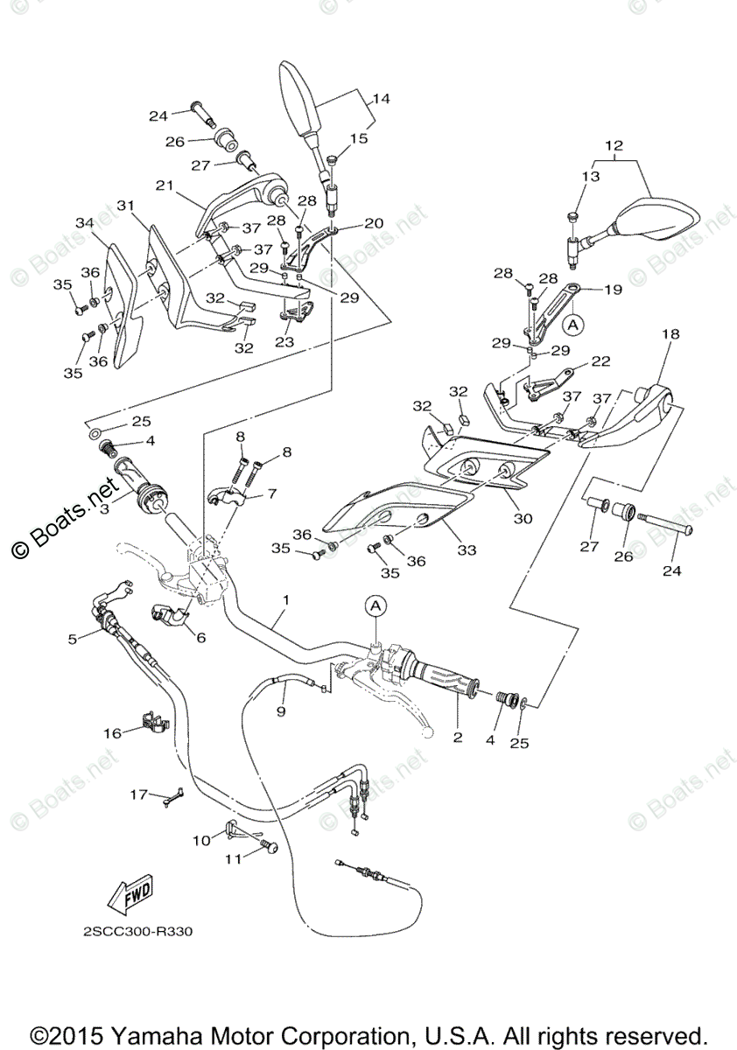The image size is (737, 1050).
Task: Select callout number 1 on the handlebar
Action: tap(285, 600)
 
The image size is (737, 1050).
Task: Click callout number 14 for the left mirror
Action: tap(380, 99)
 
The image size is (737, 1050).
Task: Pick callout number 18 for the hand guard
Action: tap(669, 334)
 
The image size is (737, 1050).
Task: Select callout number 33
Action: tap(467, 549)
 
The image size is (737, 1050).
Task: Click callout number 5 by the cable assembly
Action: tap(73, 640)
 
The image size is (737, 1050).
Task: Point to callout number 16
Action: tap(112, 733)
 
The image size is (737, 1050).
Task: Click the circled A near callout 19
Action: tap(572, 325)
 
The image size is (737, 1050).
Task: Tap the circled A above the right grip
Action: tap(375, 605)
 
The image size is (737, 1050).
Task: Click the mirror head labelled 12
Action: tap(656, 219)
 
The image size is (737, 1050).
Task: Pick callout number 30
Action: tap(523, 518)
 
